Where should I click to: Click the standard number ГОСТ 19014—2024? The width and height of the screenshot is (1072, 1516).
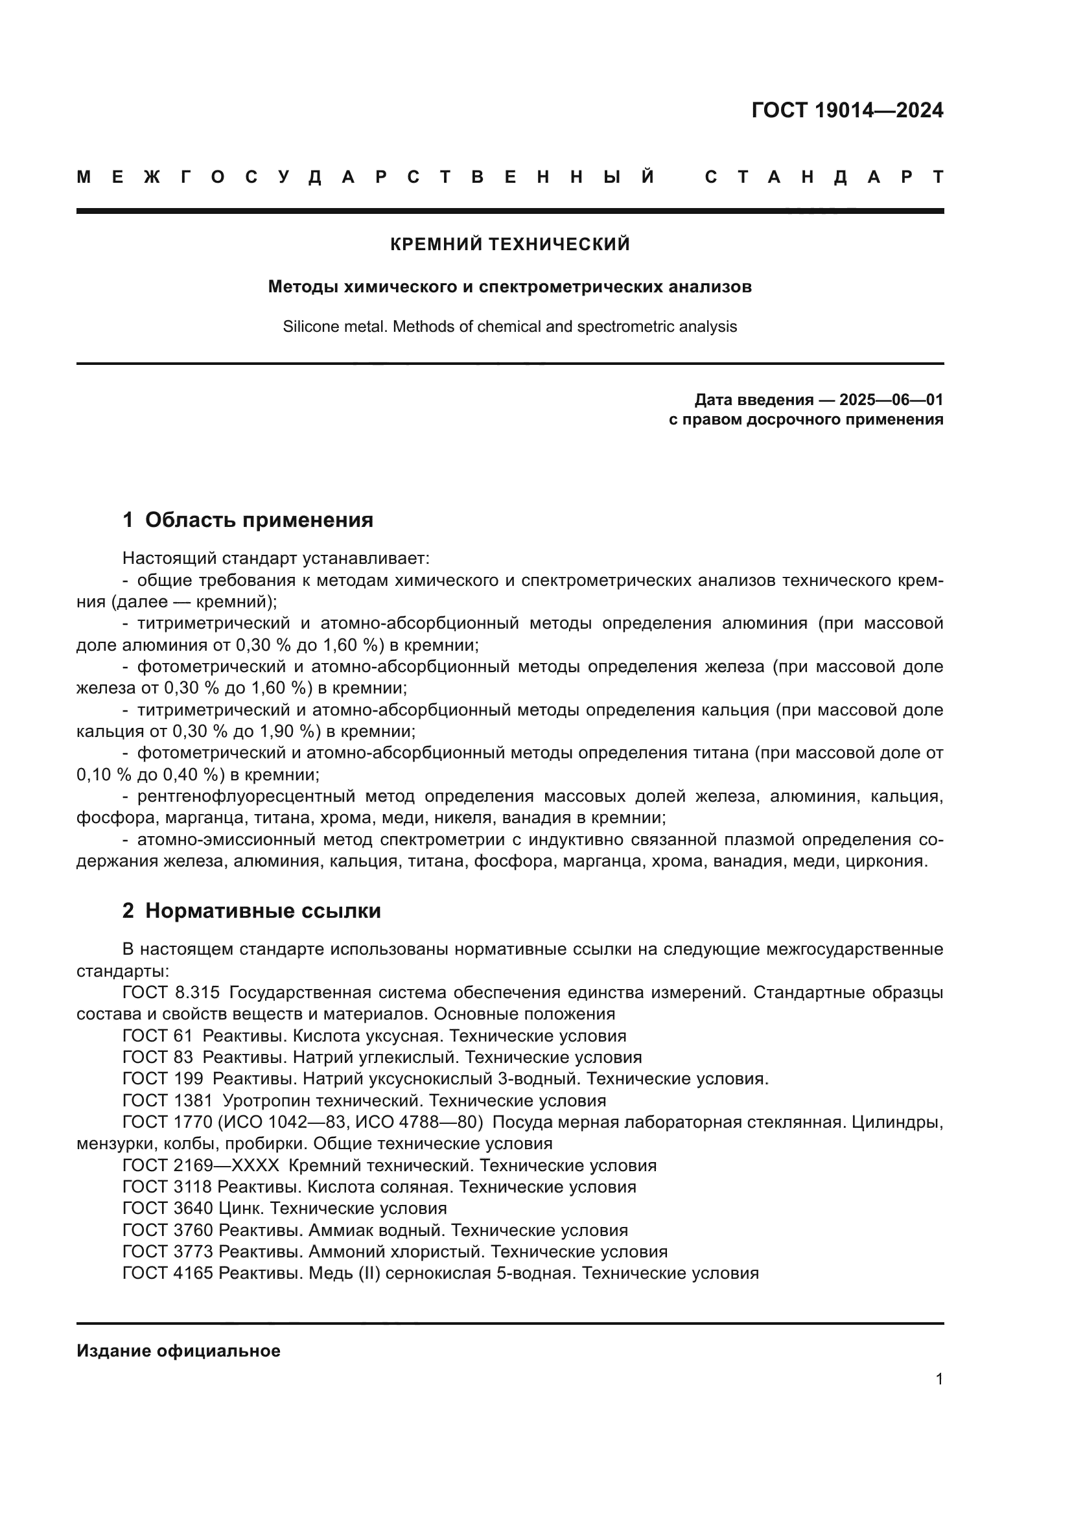847,110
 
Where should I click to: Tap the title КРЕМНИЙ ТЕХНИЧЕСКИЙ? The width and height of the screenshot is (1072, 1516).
509,244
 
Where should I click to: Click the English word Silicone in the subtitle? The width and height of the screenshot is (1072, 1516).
310,326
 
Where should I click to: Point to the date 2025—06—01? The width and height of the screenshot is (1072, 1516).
891,399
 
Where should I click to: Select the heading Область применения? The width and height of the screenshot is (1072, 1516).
259,520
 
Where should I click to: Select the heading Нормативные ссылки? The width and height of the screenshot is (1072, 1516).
262,911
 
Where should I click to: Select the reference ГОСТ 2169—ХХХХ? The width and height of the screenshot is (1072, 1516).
201,1165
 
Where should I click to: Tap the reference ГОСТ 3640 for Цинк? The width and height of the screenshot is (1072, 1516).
168,1208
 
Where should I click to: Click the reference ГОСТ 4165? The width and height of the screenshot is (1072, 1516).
168,1273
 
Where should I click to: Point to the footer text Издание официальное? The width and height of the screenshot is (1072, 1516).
178,1351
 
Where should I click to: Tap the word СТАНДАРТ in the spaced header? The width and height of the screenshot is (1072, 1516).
824,177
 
